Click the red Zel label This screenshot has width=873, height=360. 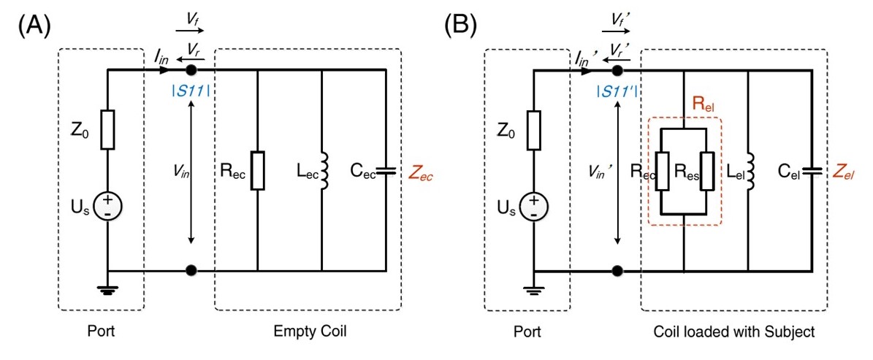coord(846,173)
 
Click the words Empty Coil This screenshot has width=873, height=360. coord(308,332)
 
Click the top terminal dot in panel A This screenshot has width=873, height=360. coord(191,70)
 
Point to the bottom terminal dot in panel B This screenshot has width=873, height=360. coord(618,271)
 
